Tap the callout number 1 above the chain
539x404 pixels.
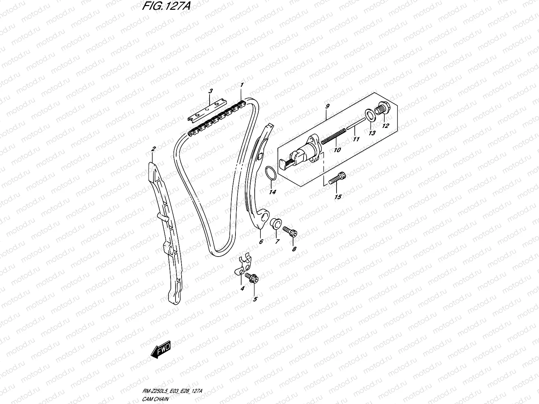242,85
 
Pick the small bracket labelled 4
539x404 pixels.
243,266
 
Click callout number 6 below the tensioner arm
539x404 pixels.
260,241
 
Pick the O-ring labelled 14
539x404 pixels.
271,173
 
